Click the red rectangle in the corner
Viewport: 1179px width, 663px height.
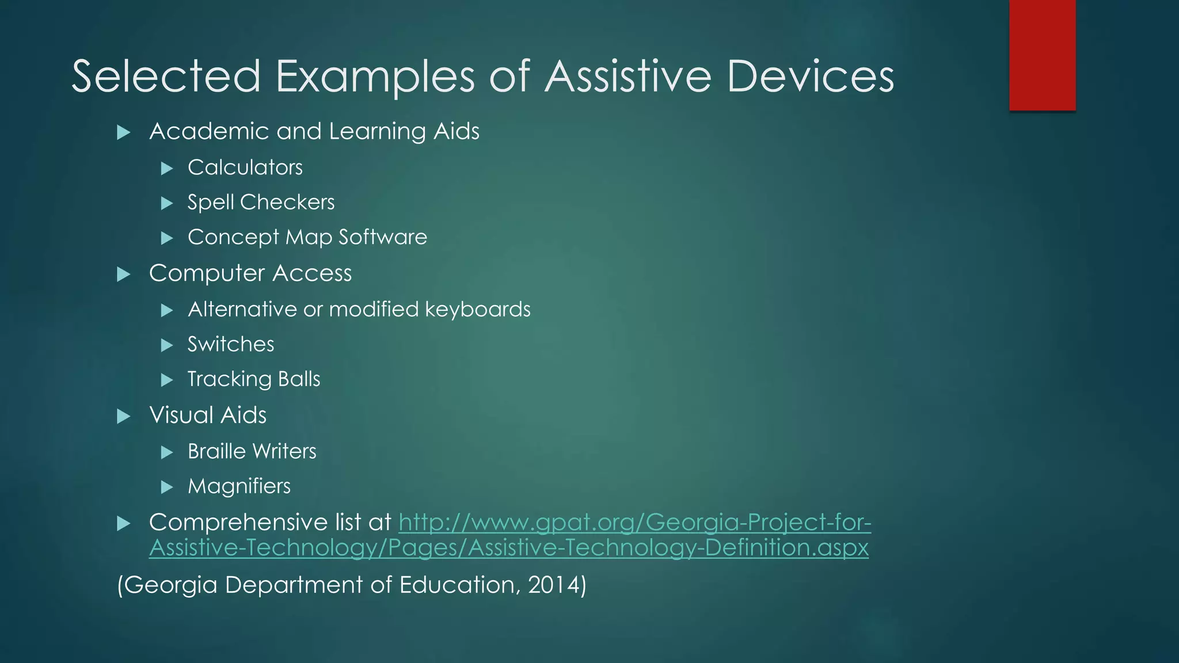click(1042, 55)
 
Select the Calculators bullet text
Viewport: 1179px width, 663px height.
click(245, 167)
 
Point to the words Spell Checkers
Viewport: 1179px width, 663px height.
click(261, 203)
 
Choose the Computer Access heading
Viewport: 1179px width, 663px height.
click(250, 273)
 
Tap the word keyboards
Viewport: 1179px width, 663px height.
click(477, 310)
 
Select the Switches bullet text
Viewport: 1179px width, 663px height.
click(230, 344)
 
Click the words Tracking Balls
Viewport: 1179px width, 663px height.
click(253, 379)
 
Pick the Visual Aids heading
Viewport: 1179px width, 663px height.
click(207, 415)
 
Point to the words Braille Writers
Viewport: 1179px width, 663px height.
click(252, 451)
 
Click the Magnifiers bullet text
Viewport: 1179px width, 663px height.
click(238, 486)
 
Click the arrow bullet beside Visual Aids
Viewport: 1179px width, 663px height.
click(123, 416)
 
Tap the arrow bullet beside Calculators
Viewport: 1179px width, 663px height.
click(167, 169)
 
